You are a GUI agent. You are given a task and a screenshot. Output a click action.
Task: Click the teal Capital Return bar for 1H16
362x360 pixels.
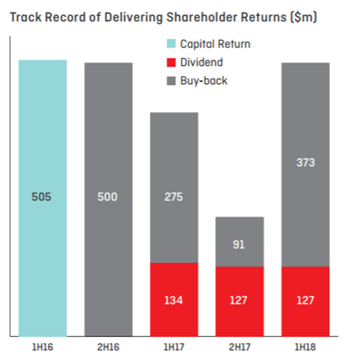[43, 198]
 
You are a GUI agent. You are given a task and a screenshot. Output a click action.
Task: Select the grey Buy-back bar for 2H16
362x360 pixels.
[109, 199]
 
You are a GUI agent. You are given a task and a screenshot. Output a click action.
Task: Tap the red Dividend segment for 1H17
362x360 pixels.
[174, 300]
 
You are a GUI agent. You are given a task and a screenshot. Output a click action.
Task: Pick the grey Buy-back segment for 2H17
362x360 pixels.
[240, 242]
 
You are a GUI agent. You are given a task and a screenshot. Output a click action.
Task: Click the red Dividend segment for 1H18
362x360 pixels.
[305, 302]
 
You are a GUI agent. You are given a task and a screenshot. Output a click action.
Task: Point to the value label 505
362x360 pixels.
[41, 197]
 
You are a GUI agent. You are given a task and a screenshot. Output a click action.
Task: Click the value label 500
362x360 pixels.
[107, 197]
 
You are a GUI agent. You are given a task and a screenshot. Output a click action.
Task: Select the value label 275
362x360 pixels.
[174, 197]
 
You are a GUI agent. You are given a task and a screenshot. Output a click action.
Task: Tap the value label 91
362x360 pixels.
[239, 245]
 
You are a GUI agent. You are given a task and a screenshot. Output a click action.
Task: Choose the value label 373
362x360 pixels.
[305, 163]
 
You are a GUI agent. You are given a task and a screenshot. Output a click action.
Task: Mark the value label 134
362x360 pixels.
[174, 300]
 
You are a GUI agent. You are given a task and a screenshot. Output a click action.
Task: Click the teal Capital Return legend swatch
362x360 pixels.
[171, 44]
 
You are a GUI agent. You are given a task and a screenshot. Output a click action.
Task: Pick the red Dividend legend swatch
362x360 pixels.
[171, 63]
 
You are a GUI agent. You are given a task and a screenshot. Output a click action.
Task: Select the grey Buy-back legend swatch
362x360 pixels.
[171, 81]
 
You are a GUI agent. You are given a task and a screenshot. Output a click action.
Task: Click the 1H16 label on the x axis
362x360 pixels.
[42, 347]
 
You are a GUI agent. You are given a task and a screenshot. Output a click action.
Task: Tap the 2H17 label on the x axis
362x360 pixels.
[240, 347]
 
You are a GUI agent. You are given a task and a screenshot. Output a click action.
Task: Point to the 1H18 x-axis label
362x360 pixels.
[305, 347]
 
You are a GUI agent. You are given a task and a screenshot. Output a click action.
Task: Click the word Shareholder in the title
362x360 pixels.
[202, 18]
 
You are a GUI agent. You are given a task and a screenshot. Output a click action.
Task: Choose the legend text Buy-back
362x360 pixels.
[204, 81]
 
